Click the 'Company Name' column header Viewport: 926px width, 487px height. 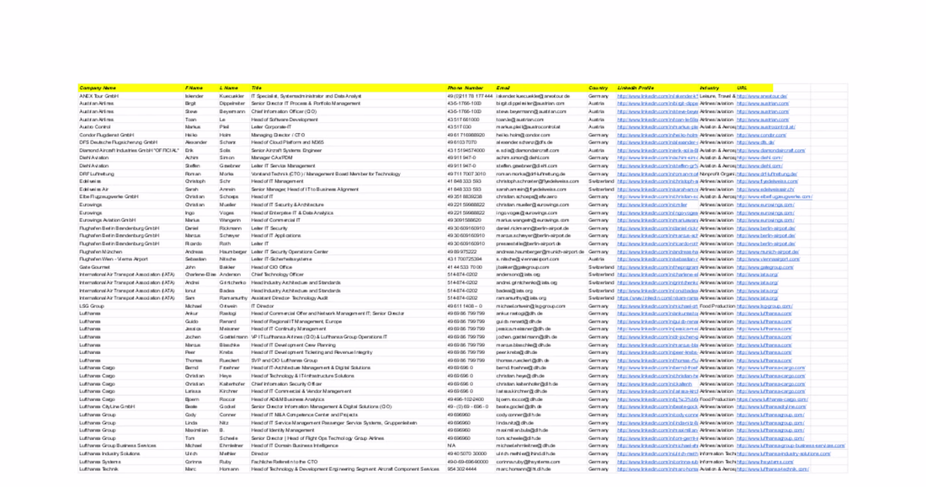98,88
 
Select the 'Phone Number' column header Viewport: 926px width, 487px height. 465,88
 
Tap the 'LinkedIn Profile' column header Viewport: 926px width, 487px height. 636,88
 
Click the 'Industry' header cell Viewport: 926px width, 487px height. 709,88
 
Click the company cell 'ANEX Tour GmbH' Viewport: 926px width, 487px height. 99,96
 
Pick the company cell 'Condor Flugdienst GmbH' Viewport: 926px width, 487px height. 107,135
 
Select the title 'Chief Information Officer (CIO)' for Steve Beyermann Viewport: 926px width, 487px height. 284,111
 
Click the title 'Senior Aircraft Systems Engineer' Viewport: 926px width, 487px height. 286,150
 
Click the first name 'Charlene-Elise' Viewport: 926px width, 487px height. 200,275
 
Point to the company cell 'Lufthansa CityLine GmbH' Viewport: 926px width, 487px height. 108,407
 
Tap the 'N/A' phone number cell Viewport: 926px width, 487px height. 452,445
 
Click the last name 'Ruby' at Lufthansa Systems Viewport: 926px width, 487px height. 226,461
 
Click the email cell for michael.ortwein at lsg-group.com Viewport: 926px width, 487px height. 526,306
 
